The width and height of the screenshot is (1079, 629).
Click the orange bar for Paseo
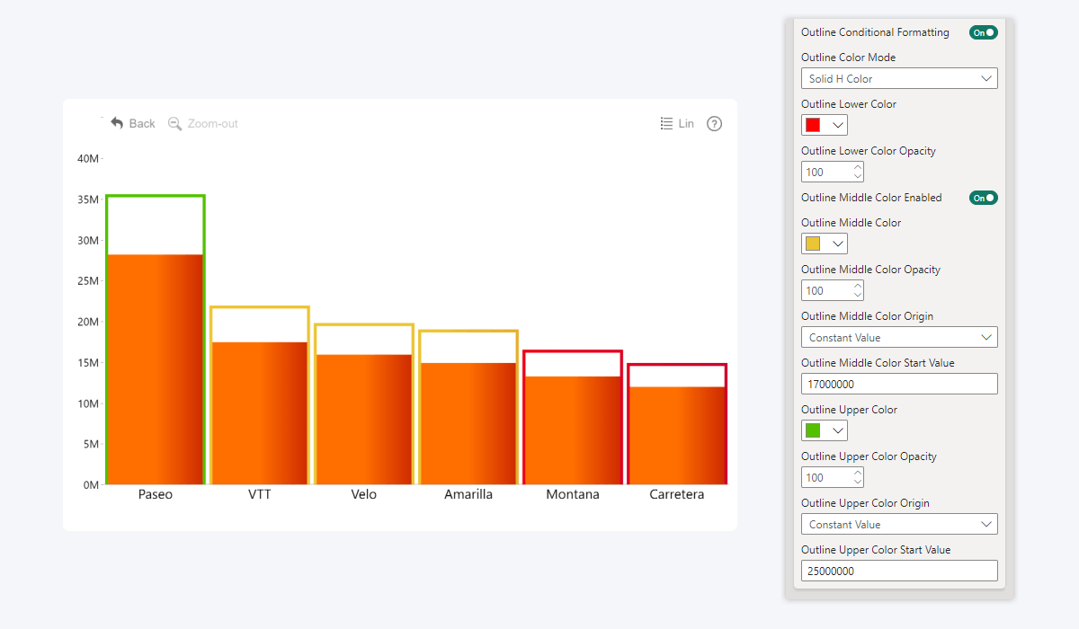coord(155,368)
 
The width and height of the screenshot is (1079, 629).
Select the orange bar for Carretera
coord(677,436)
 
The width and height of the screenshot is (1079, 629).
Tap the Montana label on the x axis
coord(573,495)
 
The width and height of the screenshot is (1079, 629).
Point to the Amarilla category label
coord(468,495)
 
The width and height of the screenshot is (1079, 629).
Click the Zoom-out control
coord(203,124)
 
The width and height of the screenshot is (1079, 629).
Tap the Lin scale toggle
coord(677,124)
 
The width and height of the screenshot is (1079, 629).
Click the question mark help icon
coord(714,124)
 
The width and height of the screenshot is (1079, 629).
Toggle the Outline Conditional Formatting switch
coord(983,32)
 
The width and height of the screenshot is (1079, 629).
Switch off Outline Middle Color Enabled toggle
coord(983,198)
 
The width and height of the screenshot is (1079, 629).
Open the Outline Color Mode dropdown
coord(899,79)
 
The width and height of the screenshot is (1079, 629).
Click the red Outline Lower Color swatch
coord(813,125)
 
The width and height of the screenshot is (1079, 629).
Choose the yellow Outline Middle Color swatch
coord(813,244)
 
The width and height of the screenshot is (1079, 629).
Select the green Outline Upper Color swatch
coord(813,430)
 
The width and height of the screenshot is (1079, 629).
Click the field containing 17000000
coord(899,384)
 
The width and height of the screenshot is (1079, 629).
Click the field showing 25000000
coord(899,571)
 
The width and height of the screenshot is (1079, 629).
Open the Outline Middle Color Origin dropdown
coord(899,338)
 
